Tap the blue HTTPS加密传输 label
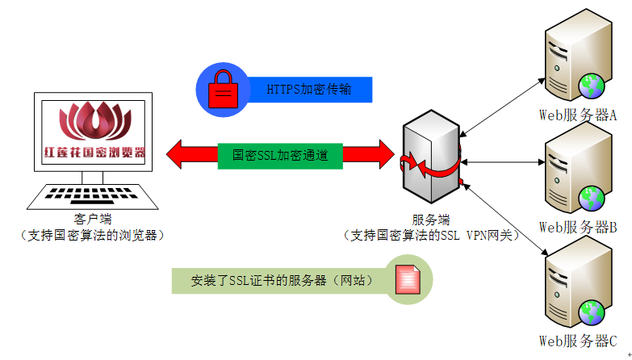[x=309, y=90]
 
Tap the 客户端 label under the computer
[x=90, y=218]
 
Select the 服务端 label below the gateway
[x=431, y=219]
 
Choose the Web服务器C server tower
[x=573, y=287]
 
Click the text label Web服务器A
[x=578, y=115]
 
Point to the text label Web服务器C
[x=578, y=341]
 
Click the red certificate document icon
[x=407, y=280]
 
